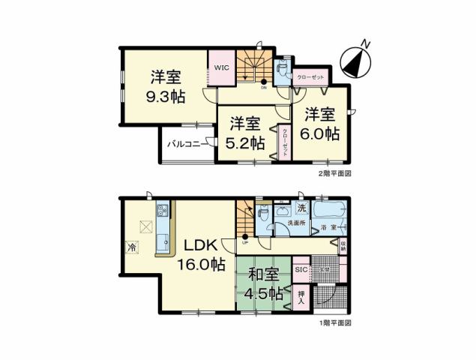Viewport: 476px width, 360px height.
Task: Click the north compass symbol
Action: pyautogui.click(x=356, y=58)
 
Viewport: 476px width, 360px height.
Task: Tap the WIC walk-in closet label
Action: pyautogui.click(x=221, y=67)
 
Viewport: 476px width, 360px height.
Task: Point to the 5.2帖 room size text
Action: pyautogui.click(x=247, y=141)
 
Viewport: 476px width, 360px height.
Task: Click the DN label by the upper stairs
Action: pyautogui.click(x=264, y=87)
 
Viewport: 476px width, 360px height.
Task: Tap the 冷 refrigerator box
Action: pyautogui.click(x=132, y=247)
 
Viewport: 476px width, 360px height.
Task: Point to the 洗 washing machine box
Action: pyautogui.click(x=301, y=207)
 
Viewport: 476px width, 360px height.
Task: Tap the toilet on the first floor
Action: pyautogui.click(x=263, y=213)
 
